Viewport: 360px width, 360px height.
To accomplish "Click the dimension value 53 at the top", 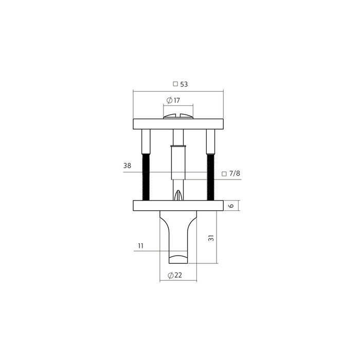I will (x=184, y=84).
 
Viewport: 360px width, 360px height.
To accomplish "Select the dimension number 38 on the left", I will (x=128, y=166).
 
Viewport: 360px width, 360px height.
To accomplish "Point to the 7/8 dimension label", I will (x=235, y=174).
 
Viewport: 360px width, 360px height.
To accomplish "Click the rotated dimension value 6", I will (x=231, y=206).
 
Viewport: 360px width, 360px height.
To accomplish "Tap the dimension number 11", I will (x=141, y=246).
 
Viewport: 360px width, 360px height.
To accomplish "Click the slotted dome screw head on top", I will (x=178, y=116).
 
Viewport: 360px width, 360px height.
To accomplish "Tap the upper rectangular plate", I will (x=178, y=123).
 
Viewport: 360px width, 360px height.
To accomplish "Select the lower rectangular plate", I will (x=178, y=206).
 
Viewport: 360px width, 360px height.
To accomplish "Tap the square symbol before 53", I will (x=175, y=84).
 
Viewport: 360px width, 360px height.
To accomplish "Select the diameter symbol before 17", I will (x=170, y=100).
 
